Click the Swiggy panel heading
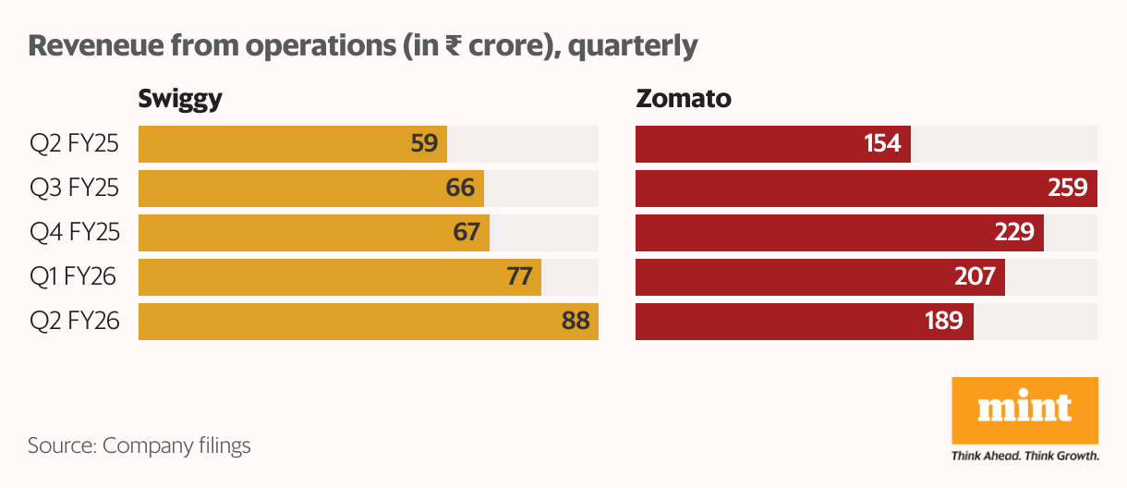pyautogui.click(x=180, y=99)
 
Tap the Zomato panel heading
pyautogui.click(x=683, y=99)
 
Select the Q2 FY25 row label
pyautogui.click(x=75, y=144)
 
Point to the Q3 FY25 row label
pyautogui.click(x=75, y=189)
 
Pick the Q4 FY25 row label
pyautogui.click(x=75, y=233)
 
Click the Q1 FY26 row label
pyautogui.click(x=75, y=277)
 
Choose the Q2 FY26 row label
pyautogui.click(x=75, y=322)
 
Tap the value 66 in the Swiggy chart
pyautogui.click(x=459, y=189)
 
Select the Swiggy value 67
pyautogui.click(x=466, y=233)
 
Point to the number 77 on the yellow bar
pyautogui.click(x=517, y=277)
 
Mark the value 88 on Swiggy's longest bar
pyautogui.click(x=575, y=322)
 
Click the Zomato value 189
pyautogui.click(x=943, y=322)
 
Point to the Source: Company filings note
pyautogui.click(x=139, y=445)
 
